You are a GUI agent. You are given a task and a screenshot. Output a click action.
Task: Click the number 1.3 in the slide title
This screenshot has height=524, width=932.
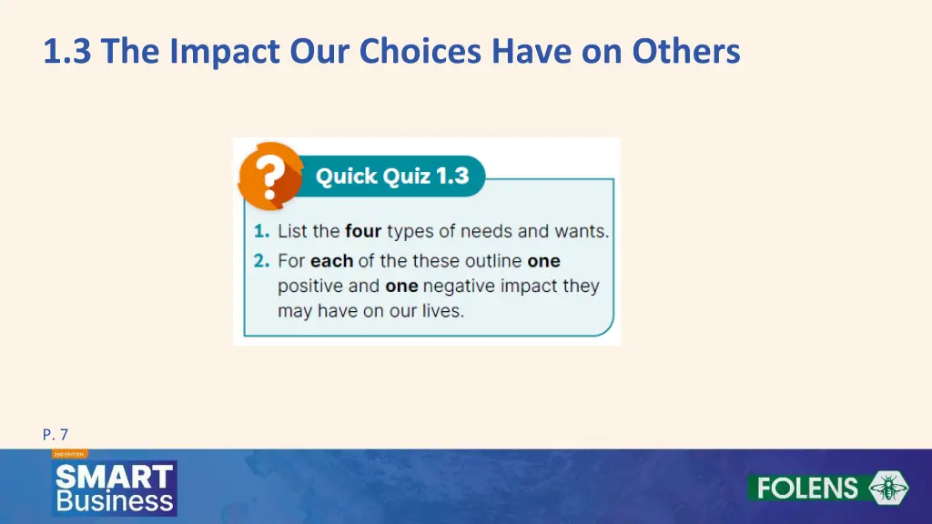tap(69, 52)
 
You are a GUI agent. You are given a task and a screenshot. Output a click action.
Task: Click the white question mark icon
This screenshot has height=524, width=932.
tap(268, 176)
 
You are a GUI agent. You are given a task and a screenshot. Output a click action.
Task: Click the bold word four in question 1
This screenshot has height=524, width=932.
tap(363, 231)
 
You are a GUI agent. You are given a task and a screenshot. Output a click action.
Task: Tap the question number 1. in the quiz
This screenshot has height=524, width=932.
tap(262, 231)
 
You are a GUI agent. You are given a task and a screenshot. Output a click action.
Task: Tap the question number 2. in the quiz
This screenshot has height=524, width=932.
tap(262, 261)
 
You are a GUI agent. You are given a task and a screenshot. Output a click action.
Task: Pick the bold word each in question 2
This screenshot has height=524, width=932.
tap(331, 261)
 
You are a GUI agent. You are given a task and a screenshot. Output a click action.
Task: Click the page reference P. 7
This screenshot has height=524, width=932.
tap(56, 435)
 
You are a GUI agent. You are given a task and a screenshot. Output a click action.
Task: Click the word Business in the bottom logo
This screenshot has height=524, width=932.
tap(115, 500)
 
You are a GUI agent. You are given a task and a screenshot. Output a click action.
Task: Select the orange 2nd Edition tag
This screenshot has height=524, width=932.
tap(69, 454)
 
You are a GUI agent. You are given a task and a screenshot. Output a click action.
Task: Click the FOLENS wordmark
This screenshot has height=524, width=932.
tap(807, 488)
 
